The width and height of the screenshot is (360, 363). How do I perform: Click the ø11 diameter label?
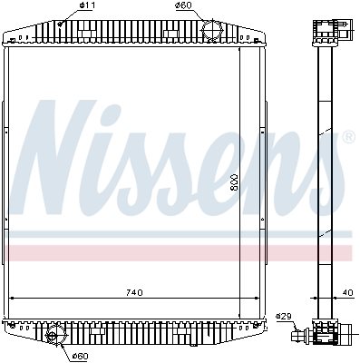coord(87,5)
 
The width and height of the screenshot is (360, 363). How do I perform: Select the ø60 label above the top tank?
coord(183,5)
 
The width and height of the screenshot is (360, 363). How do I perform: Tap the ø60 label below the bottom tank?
coord(80,357)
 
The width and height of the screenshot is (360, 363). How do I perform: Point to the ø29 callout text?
coord(283,317)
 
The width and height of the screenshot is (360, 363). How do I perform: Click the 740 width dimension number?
coord(133,293)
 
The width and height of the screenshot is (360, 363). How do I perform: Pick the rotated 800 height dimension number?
coord(234,182)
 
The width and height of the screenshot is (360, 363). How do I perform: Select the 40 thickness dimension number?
coord(348,293)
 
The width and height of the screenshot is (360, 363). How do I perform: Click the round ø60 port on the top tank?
coord(212,29)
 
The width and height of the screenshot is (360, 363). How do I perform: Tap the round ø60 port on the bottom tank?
coord(54,334)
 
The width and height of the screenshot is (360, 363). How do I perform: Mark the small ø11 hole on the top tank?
coord(61,24)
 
